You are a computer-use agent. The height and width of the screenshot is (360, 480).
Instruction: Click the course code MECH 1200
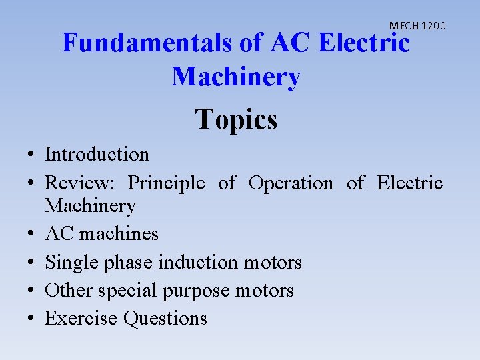(417, 26)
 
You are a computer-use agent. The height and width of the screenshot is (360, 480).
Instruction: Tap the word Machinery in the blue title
(236, 77)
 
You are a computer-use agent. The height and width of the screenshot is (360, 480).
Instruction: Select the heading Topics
(236, 120)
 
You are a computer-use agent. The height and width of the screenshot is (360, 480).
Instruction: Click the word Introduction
(97, 155)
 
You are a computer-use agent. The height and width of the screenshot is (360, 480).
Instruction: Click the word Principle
(166, 183)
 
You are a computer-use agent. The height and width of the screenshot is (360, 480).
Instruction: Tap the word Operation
(291, 183)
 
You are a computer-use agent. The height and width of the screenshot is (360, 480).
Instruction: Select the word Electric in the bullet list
(410, 183)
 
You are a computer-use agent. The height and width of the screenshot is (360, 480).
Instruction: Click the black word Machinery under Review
(90, 206)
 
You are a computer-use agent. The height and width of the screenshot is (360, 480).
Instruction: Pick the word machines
(119, 234)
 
